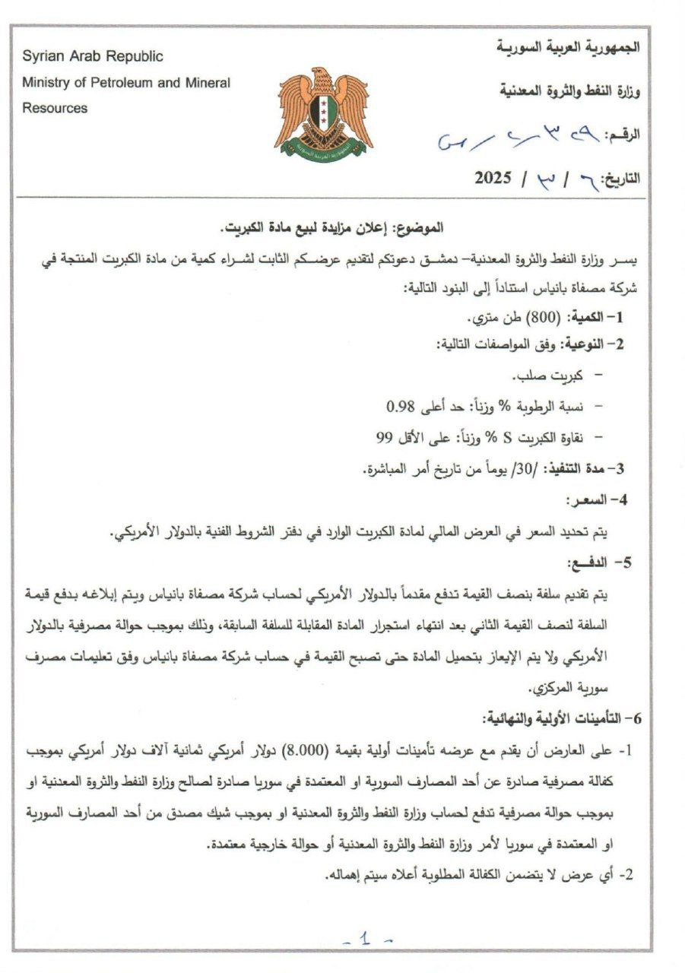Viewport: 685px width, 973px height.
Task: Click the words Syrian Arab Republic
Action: tap(92, 56)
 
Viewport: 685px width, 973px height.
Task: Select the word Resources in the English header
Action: tap(54, 108)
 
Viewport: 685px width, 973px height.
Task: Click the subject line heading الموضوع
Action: tap(420, 227)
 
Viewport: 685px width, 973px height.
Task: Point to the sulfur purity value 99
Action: tap(383, 437)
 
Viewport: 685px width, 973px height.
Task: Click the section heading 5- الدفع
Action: tap(606, 563)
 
